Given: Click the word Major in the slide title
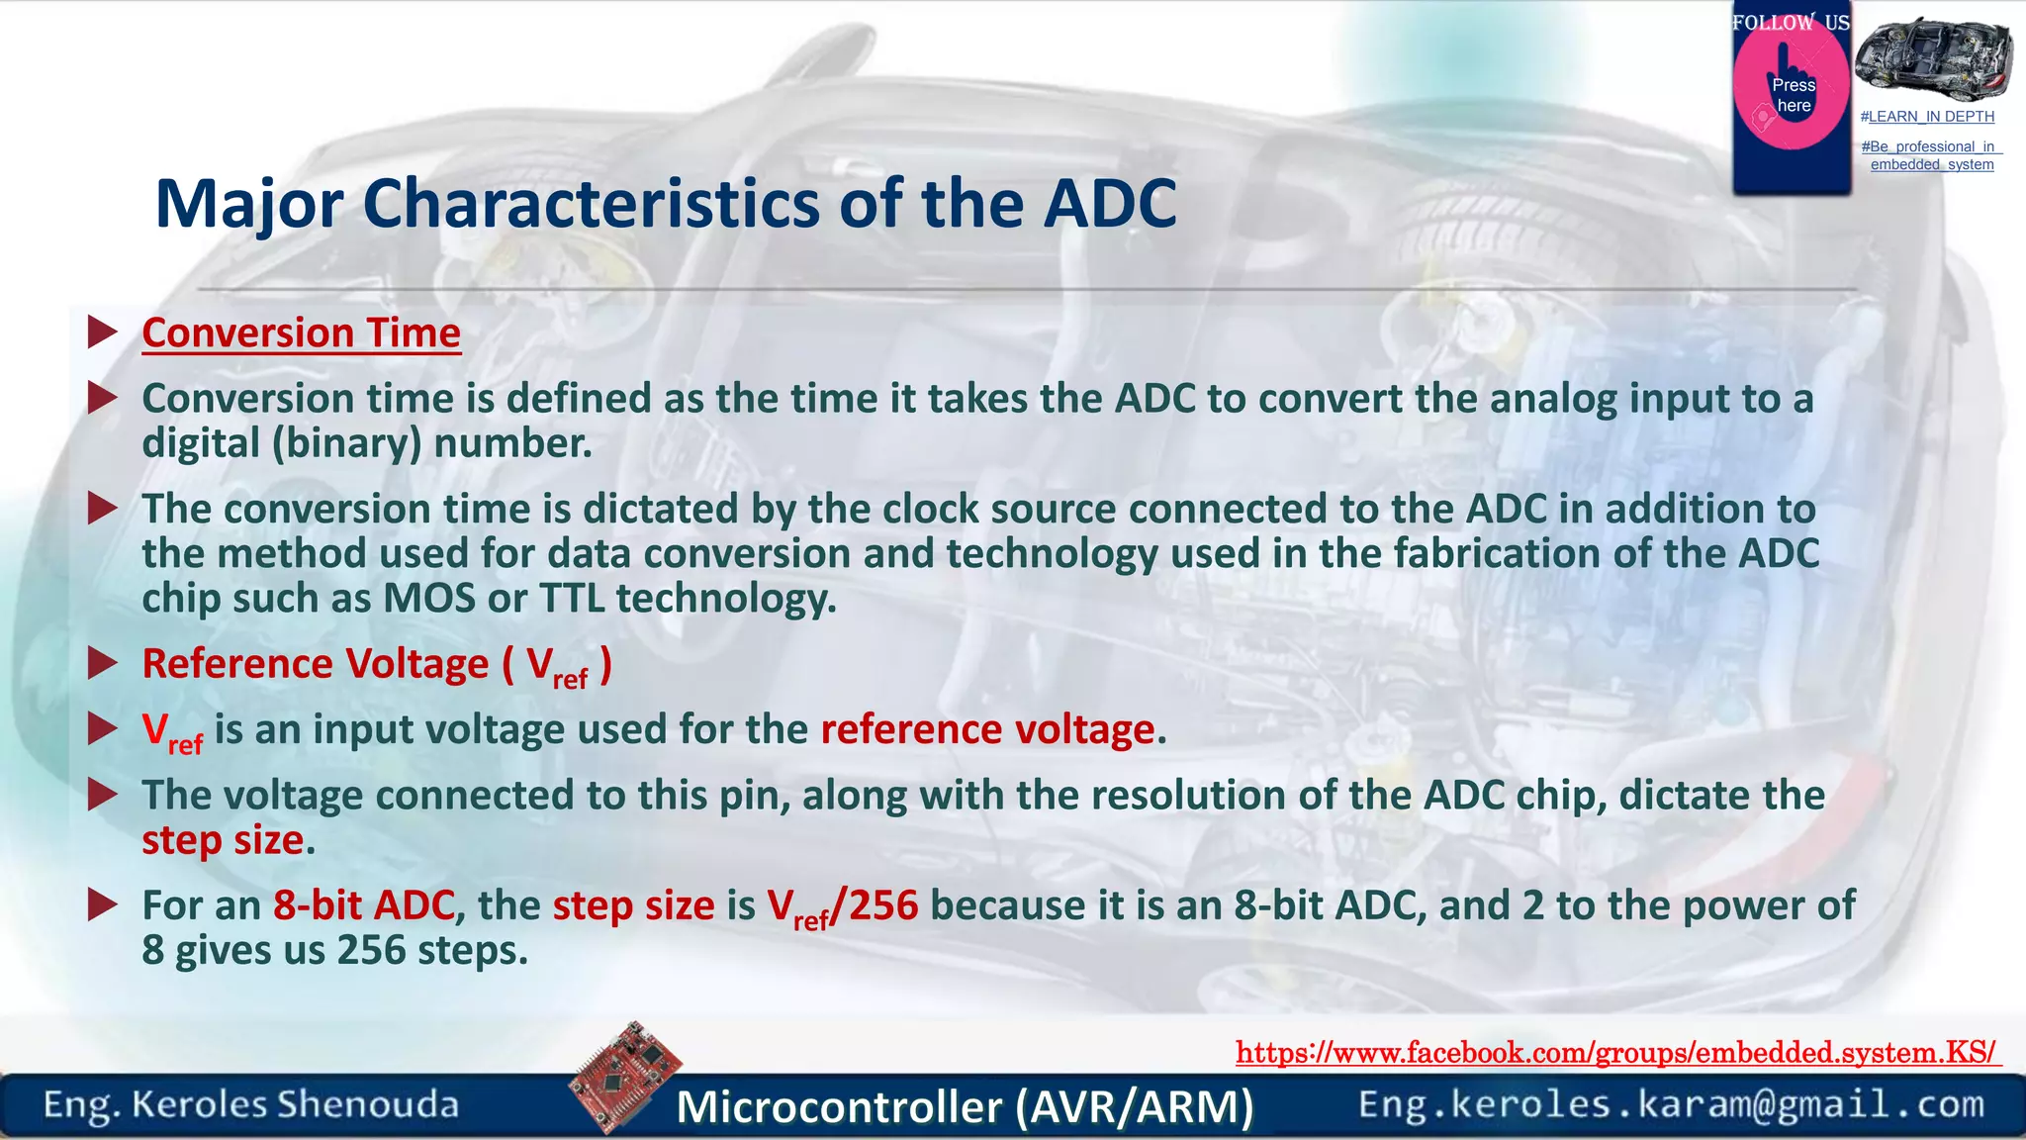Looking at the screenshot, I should pos(248,204).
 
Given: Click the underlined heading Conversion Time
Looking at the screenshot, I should pos(301,332).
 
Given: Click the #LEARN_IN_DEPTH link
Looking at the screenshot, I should pos(1927,117).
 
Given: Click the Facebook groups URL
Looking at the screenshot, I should pos(1616,1052).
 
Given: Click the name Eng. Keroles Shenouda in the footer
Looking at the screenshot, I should pos(251,1104).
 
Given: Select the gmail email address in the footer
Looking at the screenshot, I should pos(1671,1104).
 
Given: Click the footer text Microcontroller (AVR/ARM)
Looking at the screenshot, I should pos(965,1106).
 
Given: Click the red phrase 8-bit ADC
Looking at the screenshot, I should pos(363,905).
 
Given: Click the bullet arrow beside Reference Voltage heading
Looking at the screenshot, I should pos(102,663).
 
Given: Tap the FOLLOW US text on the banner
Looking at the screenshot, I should pos(1791,23).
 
